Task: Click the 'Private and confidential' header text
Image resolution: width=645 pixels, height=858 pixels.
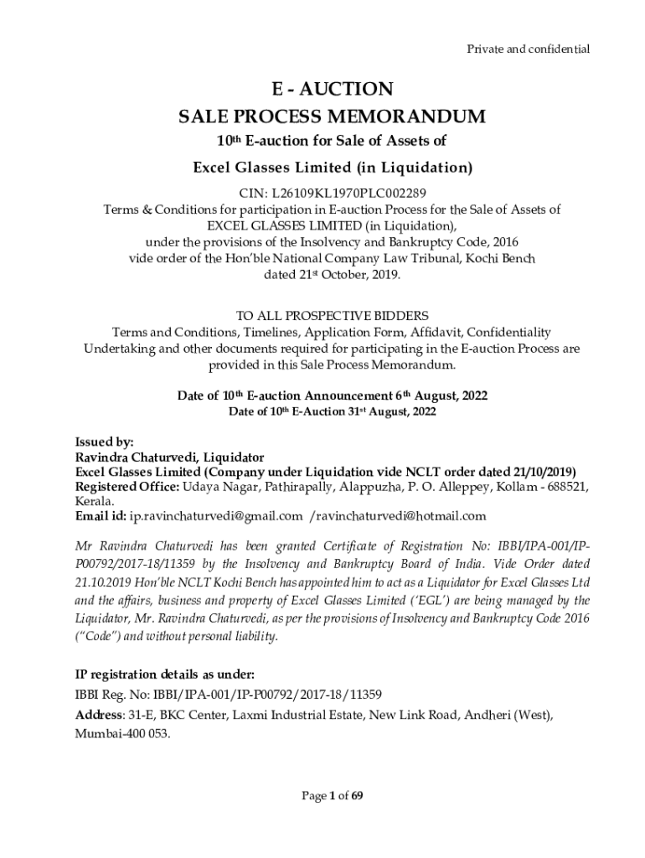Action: (528, 49)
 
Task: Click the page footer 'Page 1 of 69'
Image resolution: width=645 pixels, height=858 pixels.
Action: (333, 795)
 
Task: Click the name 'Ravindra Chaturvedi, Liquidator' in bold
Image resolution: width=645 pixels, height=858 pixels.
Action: (170, 457)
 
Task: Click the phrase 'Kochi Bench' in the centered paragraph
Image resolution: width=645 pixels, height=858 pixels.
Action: (501, 258)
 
